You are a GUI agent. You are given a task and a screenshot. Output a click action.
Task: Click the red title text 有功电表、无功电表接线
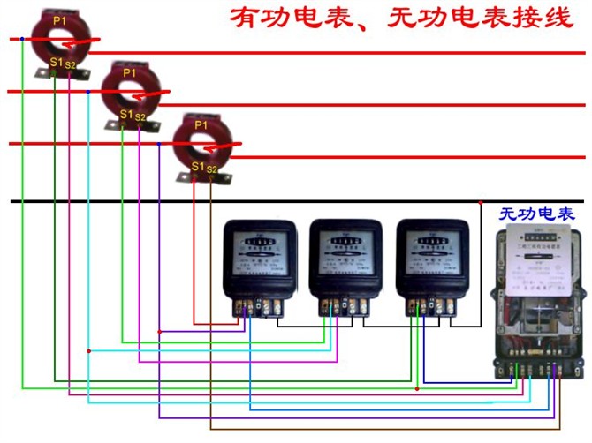click(402, 19)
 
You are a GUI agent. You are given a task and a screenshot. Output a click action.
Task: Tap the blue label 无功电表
click(536, 214)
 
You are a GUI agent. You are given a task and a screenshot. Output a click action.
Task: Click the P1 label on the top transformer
click(59, 19)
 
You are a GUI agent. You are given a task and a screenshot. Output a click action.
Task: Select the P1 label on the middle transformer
click(130, 72)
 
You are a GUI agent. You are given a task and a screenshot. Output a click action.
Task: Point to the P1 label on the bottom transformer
click(201, 126)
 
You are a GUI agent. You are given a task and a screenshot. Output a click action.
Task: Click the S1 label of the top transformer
click(56, 63)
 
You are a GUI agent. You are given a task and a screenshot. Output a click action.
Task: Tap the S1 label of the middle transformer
click(125, 115)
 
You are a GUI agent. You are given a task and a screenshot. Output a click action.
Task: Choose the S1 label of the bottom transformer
click(197, 167)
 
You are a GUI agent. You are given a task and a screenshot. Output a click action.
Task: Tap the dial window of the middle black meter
click(345, 242)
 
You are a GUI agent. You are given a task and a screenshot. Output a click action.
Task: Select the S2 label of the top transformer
click(71, 65)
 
